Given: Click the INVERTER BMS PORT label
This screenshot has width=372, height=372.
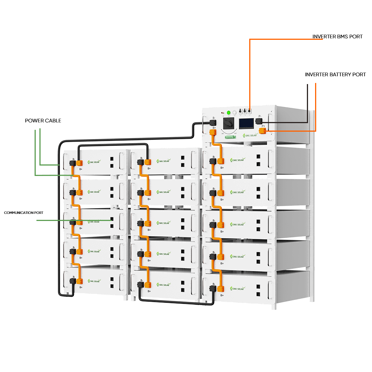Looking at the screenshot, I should tap(337, 36).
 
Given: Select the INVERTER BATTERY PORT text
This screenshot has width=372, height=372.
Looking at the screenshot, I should tap(335, 74).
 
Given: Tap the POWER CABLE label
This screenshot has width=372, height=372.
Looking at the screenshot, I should tap(43, 121).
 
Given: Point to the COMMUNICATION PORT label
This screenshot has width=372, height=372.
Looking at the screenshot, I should tap(24, 213).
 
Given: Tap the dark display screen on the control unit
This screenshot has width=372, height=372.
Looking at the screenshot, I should tap(246, 123).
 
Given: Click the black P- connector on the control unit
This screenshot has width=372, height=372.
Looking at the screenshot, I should tap(259, 121).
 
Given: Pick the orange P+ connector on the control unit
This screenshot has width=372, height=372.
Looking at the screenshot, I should tap(262, 131).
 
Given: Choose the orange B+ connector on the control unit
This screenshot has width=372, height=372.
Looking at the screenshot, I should tap(213, 132).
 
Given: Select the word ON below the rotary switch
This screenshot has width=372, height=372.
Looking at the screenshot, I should tap(223, 132).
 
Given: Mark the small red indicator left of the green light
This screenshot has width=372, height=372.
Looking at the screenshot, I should tap(223, 112).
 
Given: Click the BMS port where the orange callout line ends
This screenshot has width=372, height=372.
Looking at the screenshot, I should tap(250, 111).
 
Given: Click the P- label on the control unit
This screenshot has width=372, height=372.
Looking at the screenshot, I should tap(260, 116).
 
